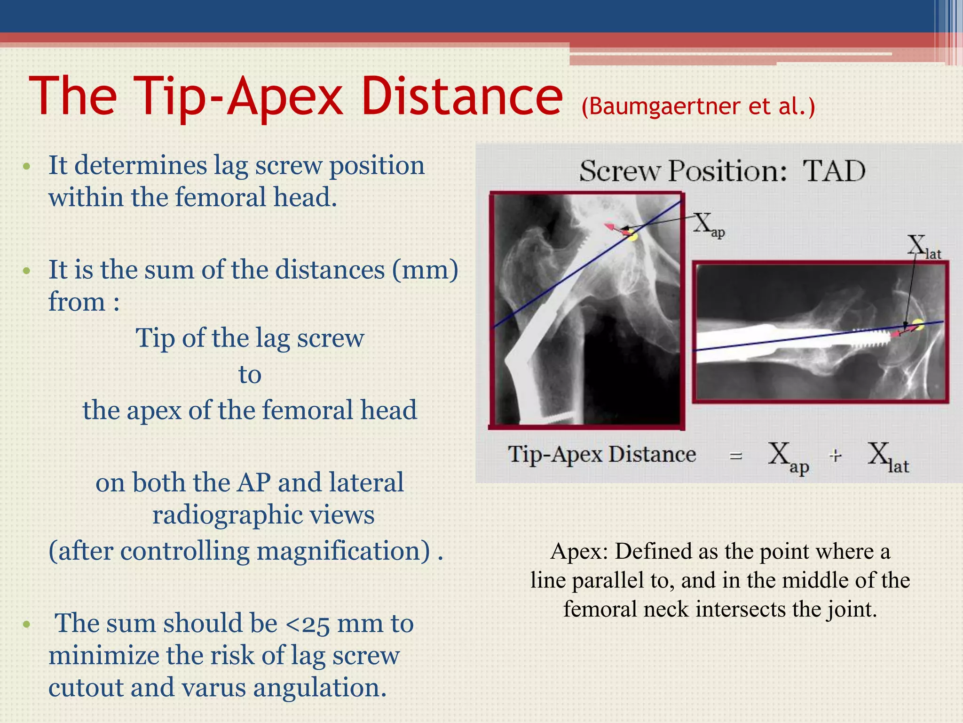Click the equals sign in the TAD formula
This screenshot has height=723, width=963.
[735, 456]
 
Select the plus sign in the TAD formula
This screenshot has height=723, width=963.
[835, 456]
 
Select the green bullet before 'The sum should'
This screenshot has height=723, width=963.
[27, 625]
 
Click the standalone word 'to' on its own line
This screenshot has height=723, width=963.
[250, 375]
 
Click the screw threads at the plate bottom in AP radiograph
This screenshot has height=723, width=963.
[559, 417]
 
